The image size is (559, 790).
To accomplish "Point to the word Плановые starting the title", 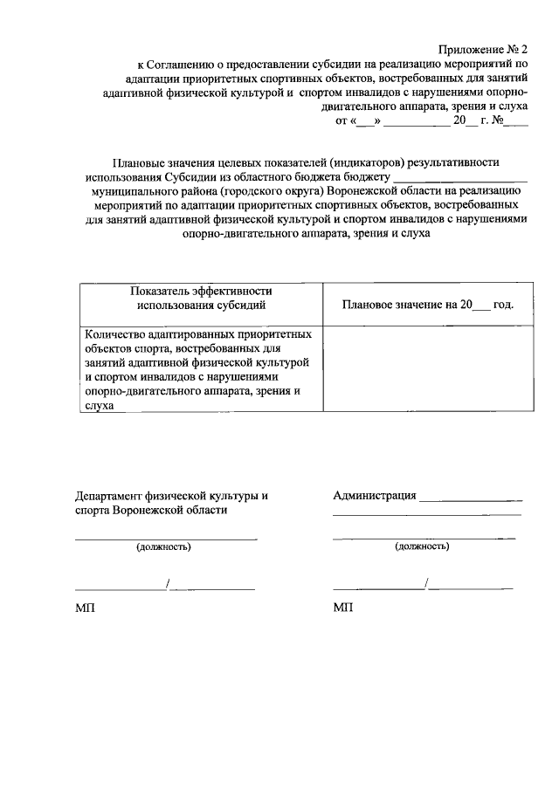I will coord(138,161).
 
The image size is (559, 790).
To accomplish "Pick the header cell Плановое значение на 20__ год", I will coord(427,305).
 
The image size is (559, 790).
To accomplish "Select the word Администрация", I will coord(374,496).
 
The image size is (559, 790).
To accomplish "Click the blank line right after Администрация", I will coord(470,498).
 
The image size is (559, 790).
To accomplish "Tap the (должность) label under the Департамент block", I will coord(162,547).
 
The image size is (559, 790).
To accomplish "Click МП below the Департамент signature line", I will coord(85,608).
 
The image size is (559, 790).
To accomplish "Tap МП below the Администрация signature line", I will coord(343,608).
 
